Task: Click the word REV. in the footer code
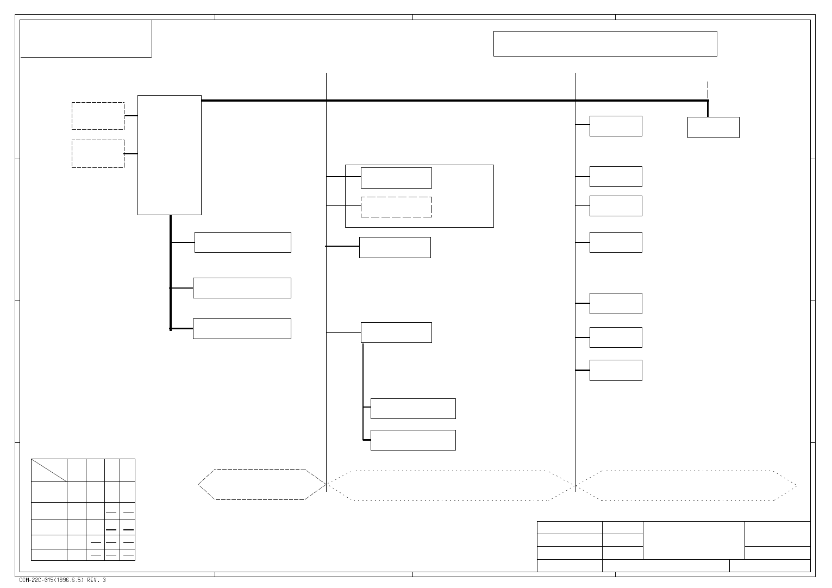(93, 580)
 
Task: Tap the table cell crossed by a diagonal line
(49, 470)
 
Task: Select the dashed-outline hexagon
(261, 484)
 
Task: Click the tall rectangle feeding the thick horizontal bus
(170, 155)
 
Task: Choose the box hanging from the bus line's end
(713, 127)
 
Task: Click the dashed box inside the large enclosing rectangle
(396, 207)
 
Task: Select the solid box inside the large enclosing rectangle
(396, 178)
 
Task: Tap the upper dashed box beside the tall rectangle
(98, 116)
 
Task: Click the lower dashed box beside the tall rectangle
(98, 154)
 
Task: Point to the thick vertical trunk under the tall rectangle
(171, 272)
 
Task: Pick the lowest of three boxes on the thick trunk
(242, 329)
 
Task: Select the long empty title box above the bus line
(605, 43)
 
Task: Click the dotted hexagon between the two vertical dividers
(450, 485)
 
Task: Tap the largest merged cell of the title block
(693, 540)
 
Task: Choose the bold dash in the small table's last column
(128, 529)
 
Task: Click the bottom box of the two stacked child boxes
(413, 440)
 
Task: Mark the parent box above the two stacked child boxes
(396, 333)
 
